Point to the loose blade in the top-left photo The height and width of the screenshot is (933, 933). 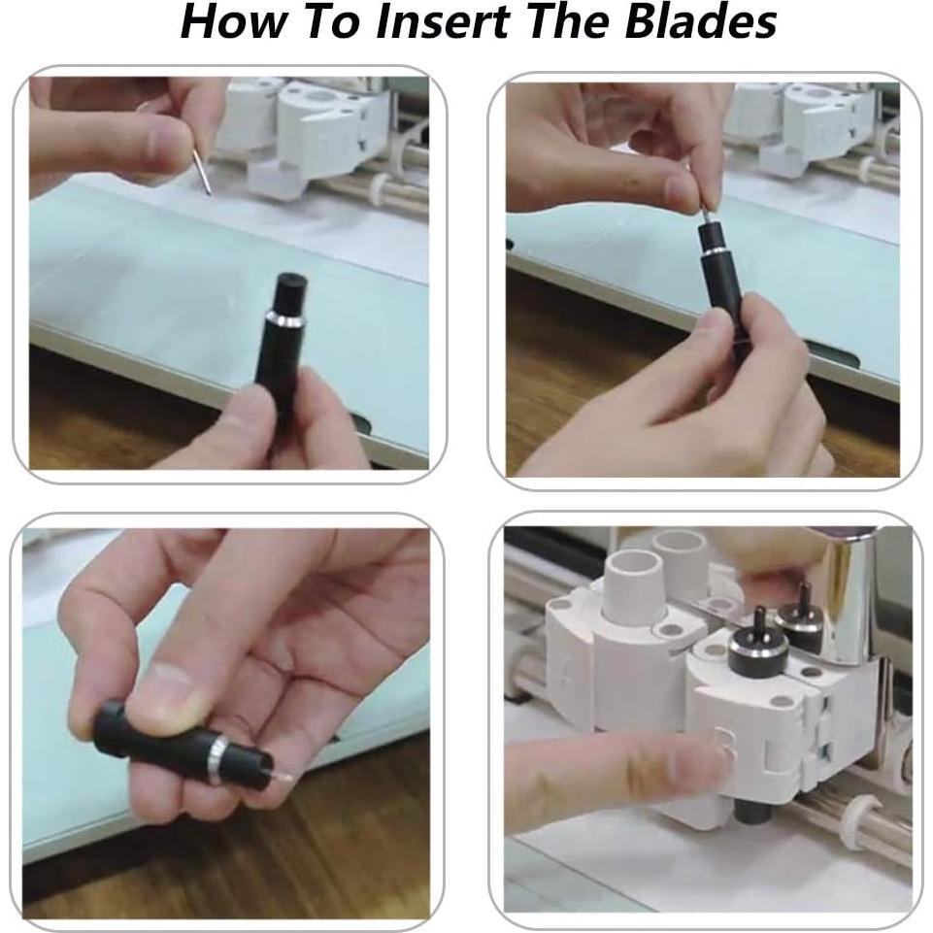pos(202,172)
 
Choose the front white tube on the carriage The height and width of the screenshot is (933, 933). pos(632,586)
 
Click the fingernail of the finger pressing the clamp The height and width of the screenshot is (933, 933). pos(724,750)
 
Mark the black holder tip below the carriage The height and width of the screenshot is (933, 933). pos(752,811)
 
